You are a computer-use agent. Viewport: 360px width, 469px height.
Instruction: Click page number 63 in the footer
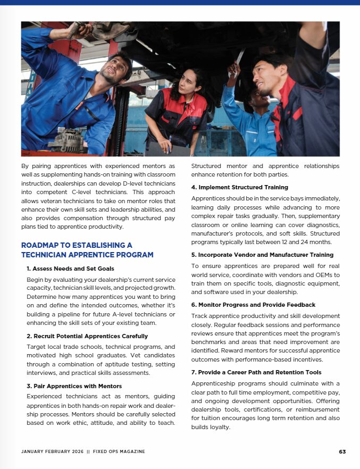342,451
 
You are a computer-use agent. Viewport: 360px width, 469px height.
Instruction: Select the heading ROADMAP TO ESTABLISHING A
77,245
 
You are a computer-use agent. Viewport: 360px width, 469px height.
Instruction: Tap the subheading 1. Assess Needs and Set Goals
70,269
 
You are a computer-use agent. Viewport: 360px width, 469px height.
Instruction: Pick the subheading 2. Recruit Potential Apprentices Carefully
87,336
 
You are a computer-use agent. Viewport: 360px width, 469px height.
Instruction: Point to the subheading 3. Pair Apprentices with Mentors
74,386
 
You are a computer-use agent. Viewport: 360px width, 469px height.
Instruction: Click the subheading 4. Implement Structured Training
239,187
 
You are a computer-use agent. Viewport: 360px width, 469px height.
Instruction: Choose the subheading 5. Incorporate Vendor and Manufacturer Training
262,255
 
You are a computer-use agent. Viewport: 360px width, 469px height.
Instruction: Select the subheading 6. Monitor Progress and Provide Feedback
253,305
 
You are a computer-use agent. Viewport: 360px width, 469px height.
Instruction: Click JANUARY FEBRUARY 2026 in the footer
53,451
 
